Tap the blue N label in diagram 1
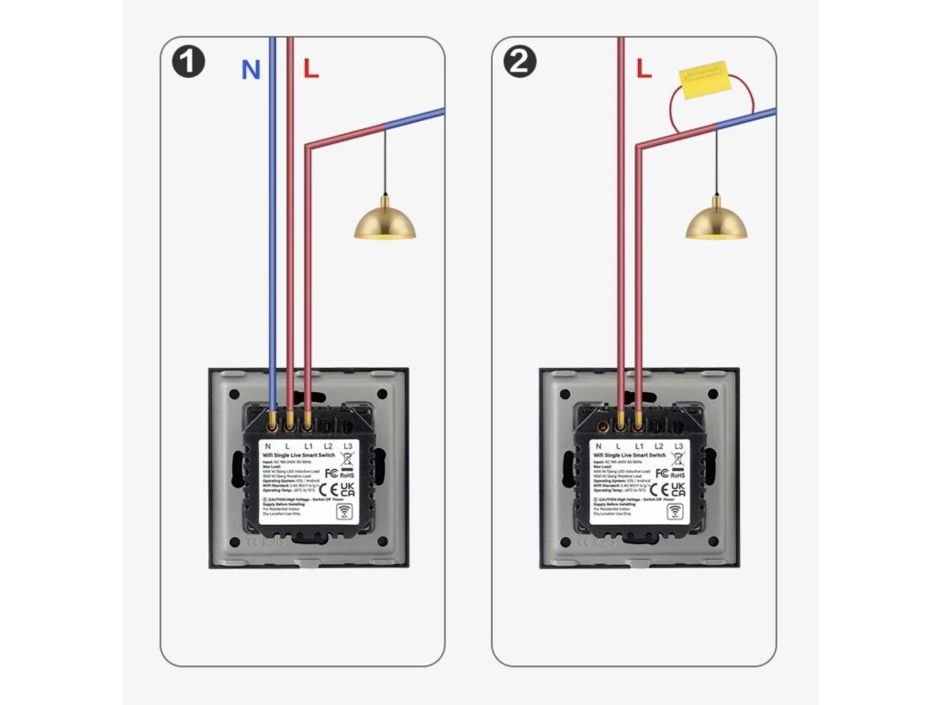(x=250, y=70)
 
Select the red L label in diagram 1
(x=311, y=69)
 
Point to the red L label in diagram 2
(x=643, y=69)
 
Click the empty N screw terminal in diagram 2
(x=603, y=425)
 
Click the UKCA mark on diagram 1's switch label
(x=347, y=491)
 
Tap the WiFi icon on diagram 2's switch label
(x=678, y=513)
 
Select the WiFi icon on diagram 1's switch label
(x=347, y=513)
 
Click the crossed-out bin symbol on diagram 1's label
(x=347, y=459)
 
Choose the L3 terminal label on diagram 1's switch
(x=347, y=446)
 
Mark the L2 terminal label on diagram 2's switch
(x=659, y=446)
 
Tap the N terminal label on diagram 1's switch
(x=267, y=446)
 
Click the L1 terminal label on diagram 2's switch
(x=640, y=446)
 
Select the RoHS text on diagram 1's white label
(x=347, y=476)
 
